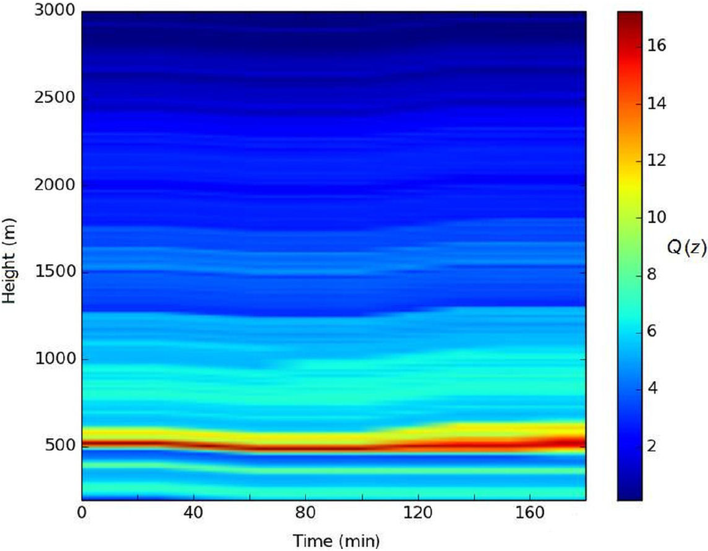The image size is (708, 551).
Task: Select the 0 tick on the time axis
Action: (x=82, y=513)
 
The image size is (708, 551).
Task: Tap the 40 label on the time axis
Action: (x=193, y=513)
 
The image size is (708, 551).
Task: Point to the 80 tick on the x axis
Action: (x=306, y=513)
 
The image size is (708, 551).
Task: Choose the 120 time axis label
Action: (x=418, y=513)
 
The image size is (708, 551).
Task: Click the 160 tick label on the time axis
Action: (x=529, y=513)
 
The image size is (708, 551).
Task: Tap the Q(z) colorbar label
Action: (x=686, y=249)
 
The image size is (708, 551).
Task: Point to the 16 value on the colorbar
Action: (x=657, y=46)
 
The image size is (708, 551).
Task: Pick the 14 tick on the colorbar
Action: (x=657, y=104)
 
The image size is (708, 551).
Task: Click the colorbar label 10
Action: (x=657, y=218)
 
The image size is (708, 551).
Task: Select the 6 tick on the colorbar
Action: (x=654, y=331)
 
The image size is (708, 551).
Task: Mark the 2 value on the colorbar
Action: (x=654, y=445)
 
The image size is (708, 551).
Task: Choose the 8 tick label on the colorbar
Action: (x=654, y=275)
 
